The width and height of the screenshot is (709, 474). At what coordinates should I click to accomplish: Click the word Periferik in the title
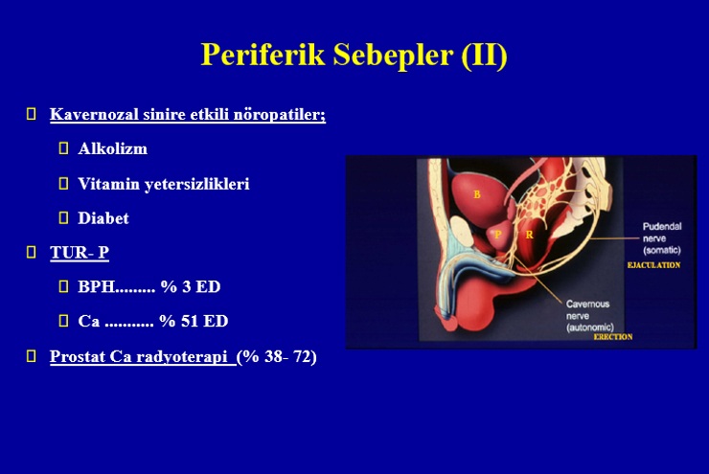click(x=263, y=55)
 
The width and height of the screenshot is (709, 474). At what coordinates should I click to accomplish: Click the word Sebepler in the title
click(x=394, y=55)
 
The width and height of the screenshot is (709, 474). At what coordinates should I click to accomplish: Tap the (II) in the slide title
click(x=484, y=56)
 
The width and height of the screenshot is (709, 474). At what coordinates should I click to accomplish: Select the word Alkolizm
click(x=113, y=148)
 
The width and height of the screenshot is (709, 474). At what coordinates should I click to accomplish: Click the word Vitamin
click(x=108, y=184)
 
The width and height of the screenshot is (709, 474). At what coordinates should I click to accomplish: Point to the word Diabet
click(x=103, y=218)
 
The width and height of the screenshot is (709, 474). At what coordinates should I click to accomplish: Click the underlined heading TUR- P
click(x=80, y=252)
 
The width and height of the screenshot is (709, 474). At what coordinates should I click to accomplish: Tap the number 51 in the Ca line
click(x=190, y=321)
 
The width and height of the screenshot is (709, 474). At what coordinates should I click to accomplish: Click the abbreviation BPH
click(x=97, y=286)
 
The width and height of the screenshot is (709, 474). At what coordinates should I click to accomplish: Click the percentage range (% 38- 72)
click(x=277, y=357)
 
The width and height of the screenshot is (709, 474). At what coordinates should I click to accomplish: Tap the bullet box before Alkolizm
click(x=64, y=148)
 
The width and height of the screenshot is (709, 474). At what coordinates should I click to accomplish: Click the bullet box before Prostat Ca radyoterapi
click(x=32, y=356)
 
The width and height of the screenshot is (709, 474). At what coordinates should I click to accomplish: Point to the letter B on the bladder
click(x=476, y=194)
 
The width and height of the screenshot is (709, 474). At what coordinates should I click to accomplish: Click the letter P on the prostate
click(x=498, y=234)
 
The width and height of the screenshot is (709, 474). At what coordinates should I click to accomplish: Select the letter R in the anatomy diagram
click(x=529, y=235)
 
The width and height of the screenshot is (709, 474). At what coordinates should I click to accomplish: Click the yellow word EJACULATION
click(x=653, y=265)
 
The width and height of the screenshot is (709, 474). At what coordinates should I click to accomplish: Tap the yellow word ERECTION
click(x=613, y=337)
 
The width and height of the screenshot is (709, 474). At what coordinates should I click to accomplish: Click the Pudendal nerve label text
click(x=662, y=238)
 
